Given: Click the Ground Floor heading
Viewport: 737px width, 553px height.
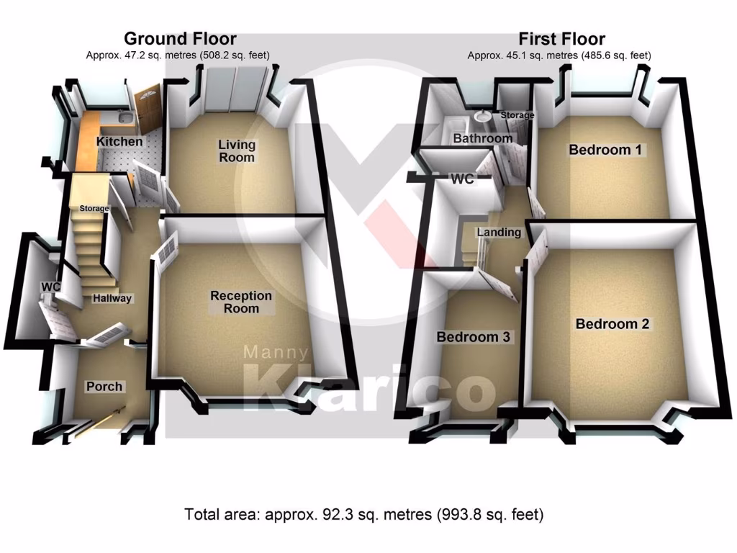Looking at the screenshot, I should (x=179, y=39).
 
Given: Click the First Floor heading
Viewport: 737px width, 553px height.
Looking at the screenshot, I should (x=561, y=39).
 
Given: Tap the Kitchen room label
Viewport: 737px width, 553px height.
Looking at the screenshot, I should (x=119, y=141).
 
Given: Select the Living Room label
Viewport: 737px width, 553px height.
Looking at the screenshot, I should (x=237, y=151).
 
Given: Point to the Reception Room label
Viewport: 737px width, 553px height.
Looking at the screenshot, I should (x=241, y=302).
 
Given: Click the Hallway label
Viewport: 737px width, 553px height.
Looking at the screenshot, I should (x=112, y=297).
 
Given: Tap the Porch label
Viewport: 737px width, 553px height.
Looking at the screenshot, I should (x=104, y=387).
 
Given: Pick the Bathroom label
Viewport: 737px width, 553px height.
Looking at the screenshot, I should (x=482, y=138).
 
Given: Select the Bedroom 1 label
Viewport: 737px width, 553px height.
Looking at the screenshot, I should (x=606, y=150).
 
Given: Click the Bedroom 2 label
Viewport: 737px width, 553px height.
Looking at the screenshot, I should (x=612, y=324).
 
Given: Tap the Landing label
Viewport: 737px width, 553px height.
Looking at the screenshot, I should (x=499, y=232).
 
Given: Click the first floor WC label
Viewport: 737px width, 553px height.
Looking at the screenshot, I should (x=462, y=179).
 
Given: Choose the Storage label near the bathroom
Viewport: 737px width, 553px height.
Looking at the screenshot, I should (x=517, y=115).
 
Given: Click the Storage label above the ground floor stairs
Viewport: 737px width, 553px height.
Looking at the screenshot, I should (x=94, y=209).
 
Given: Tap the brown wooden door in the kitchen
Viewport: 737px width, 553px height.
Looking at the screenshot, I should (x=149, y=104).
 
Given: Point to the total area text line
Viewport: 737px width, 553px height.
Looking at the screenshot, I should (x=363, y=514).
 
